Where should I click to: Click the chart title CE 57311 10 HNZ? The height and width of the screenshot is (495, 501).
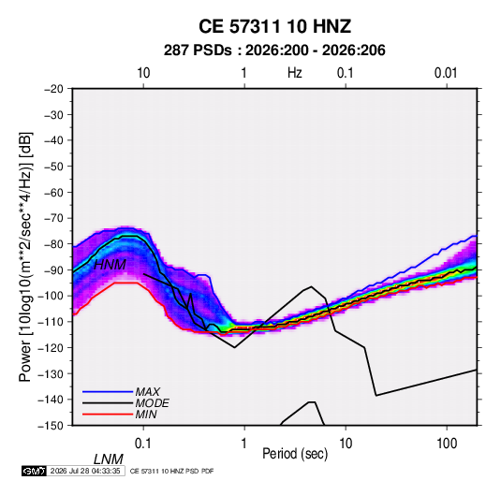pyautogui.click(x=274, y=26)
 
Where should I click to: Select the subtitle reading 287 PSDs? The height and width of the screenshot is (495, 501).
pyautogui.click(x=198, y=51)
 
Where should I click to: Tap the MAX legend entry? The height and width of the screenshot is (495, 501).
pyautogui.click(x=148, y=391)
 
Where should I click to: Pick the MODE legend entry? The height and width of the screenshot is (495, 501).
pyautogui.click(x=152, y=403)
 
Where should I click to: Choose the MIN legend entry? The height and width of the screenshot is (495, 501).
pyautogui.click(x=146, y=415)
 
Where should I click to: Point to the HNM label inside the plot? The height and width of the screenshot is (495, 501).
pyautogui.click(x=110, y=265)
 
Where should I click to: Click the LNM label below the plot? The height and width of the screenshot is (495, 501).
pyautogui.click(x=109, y=459)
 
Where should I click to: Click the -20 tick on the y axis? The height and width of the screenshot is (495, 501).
pyautogui.click(x=54, y=89)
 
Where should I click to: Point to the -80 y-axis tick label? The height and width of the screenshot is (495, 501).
pyautogui.click(x=54, y=244)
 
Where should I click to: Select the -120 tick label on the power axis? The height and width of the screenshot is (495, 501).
pyautogui.click(x=52, y=347)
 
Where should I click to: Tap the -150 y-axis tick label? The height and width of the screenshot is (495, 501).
pyautogui.click(x=52, y=426)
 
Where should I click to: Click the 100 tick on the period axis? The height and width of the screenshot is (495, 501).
pyautogui.click(x=447, y=444)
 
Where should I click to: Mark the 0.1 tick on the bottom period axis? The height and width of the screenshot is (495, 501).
pyautogui.click(x=143, y=444)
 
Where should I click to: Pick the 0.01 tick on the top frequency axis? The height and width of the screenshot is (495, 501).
pyautogui.click(x=446, y=73)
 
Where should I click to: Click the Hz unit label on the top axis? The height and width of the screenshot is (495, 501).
pyautogui.click(x=295, y=73)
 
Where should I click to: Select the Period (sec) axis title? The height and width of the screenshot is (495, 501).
pyautogui.click(x=295, y=454)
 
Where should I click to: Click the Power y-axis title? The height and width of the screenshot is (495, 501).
pyautogui.click(x=25, y=256)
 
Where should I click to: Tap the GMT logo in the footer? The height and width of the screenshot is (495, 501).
pyautogui.click(x=35, y=471)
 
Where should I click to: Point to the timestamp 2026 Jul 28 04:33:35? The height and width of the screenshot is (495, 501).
pyautogui.click(x=85, y=471)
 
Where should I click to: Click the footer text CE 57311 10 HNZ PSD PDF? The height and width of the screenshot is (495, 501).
pyautogui.click(x=172, y=471)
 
